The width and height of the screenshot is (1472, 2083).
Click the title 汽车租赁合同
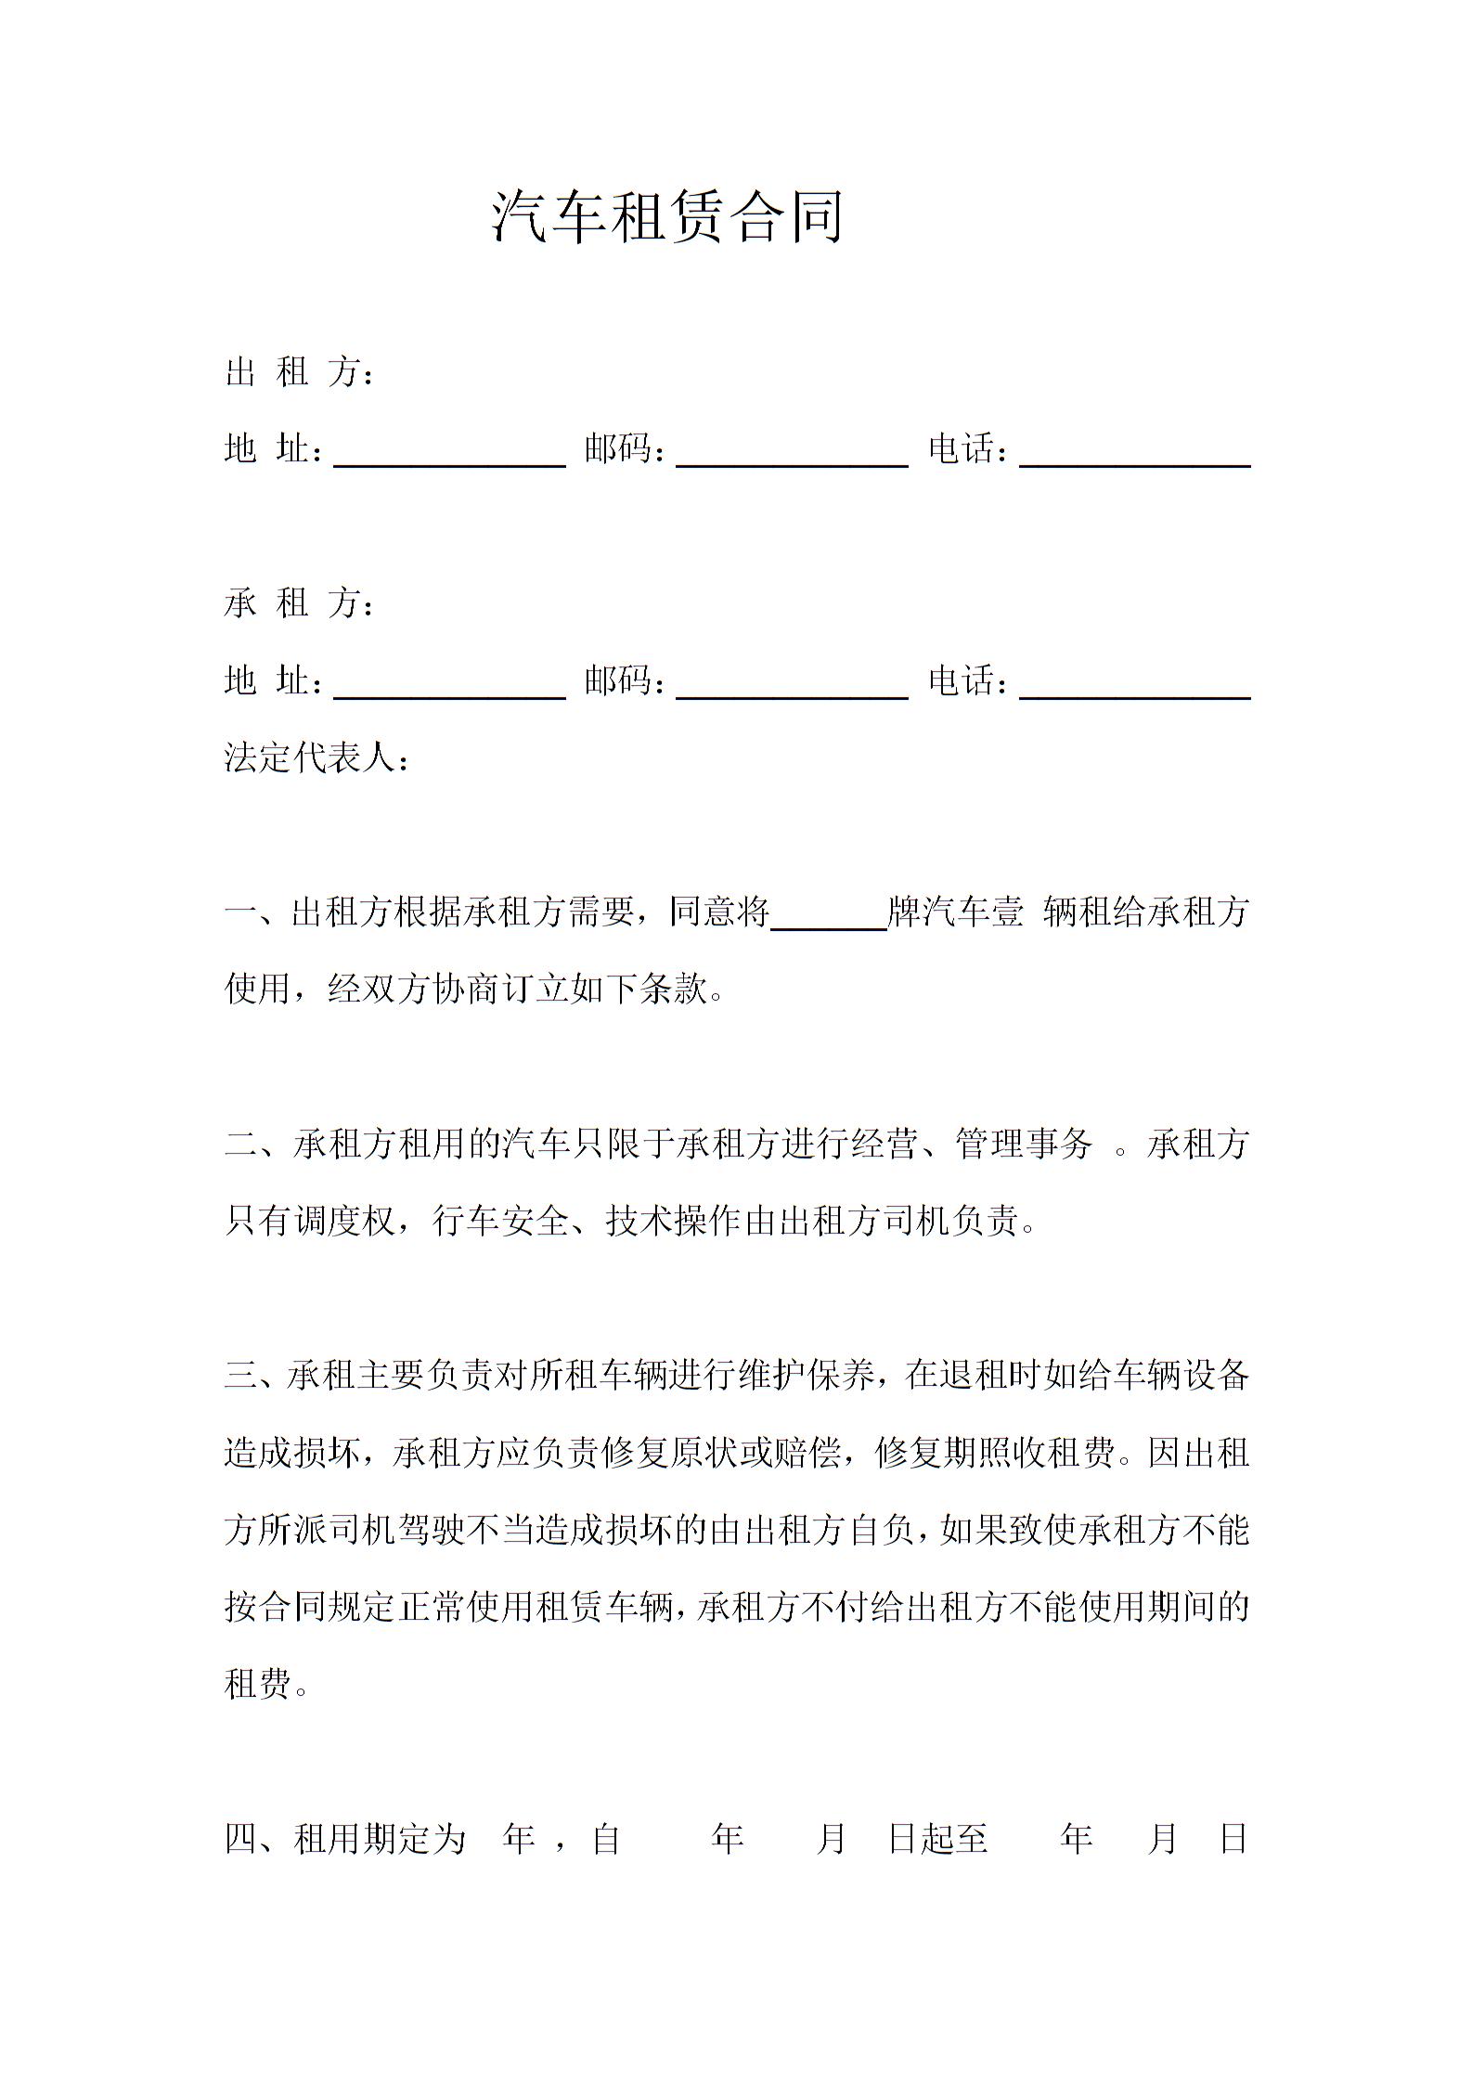[667, 216]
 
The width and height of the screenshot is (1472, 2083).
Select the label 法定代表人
[310, 758]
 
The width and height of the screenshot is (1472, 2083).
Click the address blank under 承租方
[449, 684]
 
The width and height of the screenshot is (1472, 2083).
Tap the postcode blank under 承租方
[792, 684]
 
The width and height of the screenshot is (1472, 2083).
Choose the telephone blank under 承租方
[1134, 684]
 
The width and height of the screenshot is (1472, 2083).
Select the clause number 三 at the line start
[240, 1376]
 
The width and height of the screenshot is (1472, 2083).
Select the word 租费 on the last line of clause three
[258, 1684]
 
